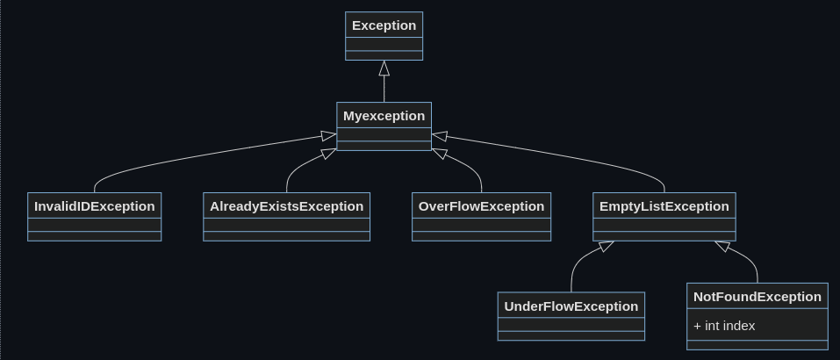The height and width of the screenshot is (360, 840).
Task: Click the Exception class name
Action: [x=384, y=25]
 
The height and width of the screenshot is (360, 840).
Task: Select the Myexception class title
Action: [x=384, y=116]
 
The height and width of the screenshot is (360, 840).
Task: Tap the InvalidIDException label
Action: [x=94, y=206]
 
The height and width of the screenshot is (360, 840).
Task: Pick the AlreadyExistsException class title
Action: [x=286, y=206]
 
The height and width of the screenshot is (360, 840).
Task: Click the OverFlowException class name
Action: [x=481, y=206]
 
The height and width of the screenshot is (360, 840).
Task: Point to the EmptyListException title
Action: [x=664, y=206]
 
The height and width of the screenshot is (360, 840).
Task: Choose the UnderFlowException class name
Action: [x=571, y=306]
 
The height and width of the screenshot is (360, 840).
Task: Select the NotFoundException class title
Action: [x=757, y=297]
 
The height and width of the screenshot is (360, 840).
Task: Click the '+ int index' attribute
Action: [x=724, y=326]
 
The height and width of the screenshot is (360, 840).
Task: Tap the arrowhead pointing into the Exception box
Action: [x=384, y=68]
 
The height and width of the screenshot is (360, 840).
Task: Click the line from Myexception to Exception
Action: [x=384, y=88]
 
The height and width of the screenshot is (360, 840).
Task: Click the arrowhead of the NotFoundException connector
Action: [x=722, y=246]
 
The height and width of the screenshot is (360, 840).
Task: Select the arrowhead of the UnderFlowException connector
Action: [x=606, y=246]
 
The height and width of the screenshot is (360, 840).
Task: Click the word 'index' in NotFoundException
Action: [x=739, y=326]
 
